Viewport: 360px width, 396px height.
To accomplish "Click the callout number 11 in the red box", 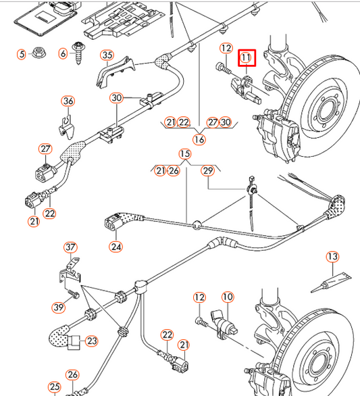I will pyautogui.click(x=247, y=59).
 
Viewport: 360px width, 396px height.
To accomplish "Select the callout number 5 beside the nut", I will pyautogui.click(x=21, y=53).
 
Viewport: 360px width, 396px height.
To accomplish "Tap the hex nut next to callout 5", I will pyautogui.click(x=38, y=53).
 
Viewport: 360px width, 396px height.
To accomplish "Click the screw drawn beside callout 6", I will pyautogui.click(x=80, y=53).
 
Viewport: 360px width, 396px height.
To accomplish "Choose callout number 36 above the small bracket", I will pyautogui.click(x=68, y=101).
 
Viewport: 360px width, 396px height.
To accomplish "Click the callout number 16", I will pyautogui.click(x=199, y=139).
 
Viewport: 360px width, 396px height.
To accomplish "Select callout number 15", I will pyautogui.click(x=185, y=155).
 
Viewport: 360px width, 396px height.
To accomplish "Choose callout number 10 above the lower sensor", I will pyautogui.click(x=227, y=297).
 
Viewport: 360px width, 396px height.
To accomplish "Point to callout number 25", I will pyautogui.click(x=54, y=387).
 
